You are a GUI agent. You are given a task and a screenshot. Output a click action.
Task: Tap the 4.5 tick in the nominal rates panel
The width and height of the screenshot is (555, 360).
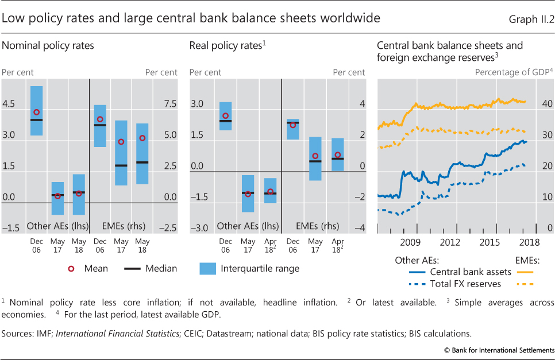(10, 104)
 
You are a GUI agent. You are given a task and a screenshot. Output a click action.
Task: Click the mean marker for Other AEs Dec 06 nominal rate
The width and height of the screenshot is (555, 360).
(36, 113)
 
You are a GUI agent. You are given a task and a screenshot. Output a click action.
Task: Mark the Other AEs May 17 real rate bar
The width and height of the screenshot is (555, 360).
(248, 193)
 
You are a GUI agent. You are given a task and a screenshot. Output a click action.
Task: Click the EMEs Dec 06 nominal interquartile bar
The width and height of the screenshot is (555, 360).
(100, 126)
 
